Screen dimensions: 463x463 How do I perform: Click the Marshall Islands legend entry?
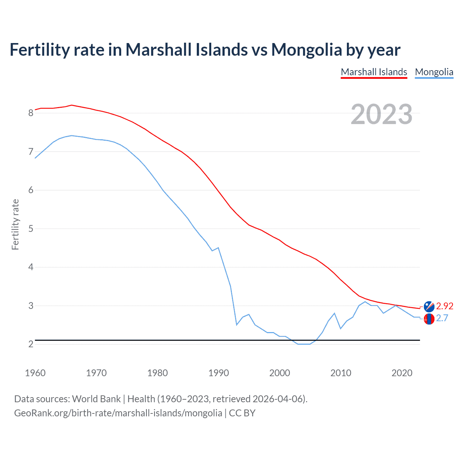click(x=374, y=72)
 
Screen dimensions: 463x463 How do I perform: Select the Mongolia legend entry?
click(x=434, y=72)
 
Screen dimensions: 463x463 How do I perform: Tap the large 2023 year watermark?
click(x=381, y=114)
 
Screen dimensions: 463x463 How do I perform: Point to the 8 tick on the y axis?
click(x=31, y=113)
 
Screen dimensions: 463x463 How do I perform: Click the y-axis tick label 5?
click(x=31, y=229)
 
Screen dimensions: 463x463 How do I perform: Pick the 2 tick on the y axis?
click(x=31, y=344)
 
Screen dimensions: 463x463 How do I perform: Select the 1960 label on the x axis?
click(x=35, y=373)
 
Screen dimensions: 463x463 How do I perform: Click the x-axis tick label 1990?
click(x=218, y=373)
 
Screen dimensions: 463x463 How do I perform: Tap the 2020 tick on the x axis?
click(x=402, y=373)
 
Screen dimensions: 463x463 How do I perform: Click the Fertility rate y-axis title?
click(x=15, y=224)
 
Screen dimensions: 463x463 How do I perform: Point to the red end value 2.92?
click(x=445, y=306)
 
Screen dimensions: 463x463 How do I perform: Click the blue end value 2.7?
click(x=442, y=318)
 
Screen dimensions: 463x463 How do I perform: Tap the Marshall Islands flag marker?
click(x=429, y=306)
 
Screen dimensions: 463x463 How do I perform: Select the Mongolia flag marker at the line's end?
click(x=429, y=319)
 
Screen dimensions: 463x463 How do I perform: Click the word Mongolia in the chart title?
click(x=306, y=50)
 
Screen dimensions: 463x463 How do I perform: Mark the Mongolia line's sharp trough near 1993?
click(x=237, y=325)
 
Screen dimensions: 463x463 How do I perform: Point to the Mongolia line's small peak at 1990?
click(x=218, y=248)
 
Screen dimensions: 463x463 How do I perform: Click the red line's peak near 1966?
click(x=72, y=105)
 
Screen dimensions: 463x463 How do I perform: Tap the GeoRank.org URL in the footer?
click(x=118, y=413)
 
